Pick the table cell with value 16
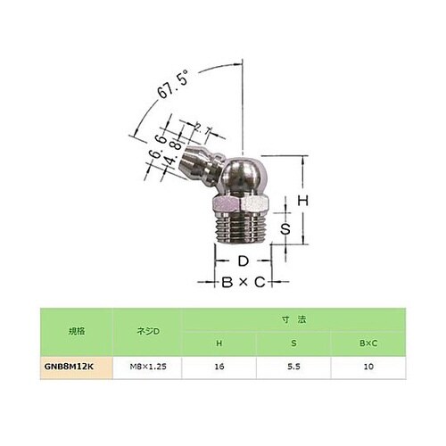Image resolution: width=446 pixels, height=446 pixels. pyautogui.click(x=219, y=366)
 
